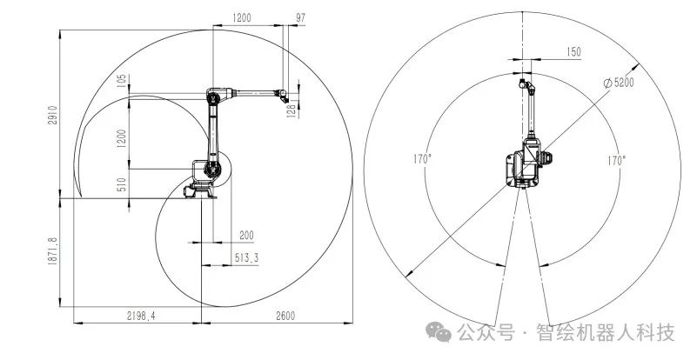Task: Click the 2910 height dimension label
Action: [x=53, y=115]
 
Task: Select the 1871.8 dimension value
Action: [x=53, y=251]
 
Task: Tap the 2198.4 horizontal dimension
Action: [x=141, y=316]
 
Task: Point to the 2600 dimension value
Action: [x=285, y=316]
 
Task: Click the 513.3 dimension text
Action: [x=247, y=257]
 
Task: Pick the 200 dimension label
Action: [x=246, y=235]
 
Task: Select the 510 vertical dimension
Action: [x=122, y=184]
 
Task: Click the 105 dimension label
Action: [x=122, y=81]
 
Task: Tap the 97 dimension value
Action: [x=301, y=17]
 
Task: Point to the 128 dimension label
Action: [x=292, y=110]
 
